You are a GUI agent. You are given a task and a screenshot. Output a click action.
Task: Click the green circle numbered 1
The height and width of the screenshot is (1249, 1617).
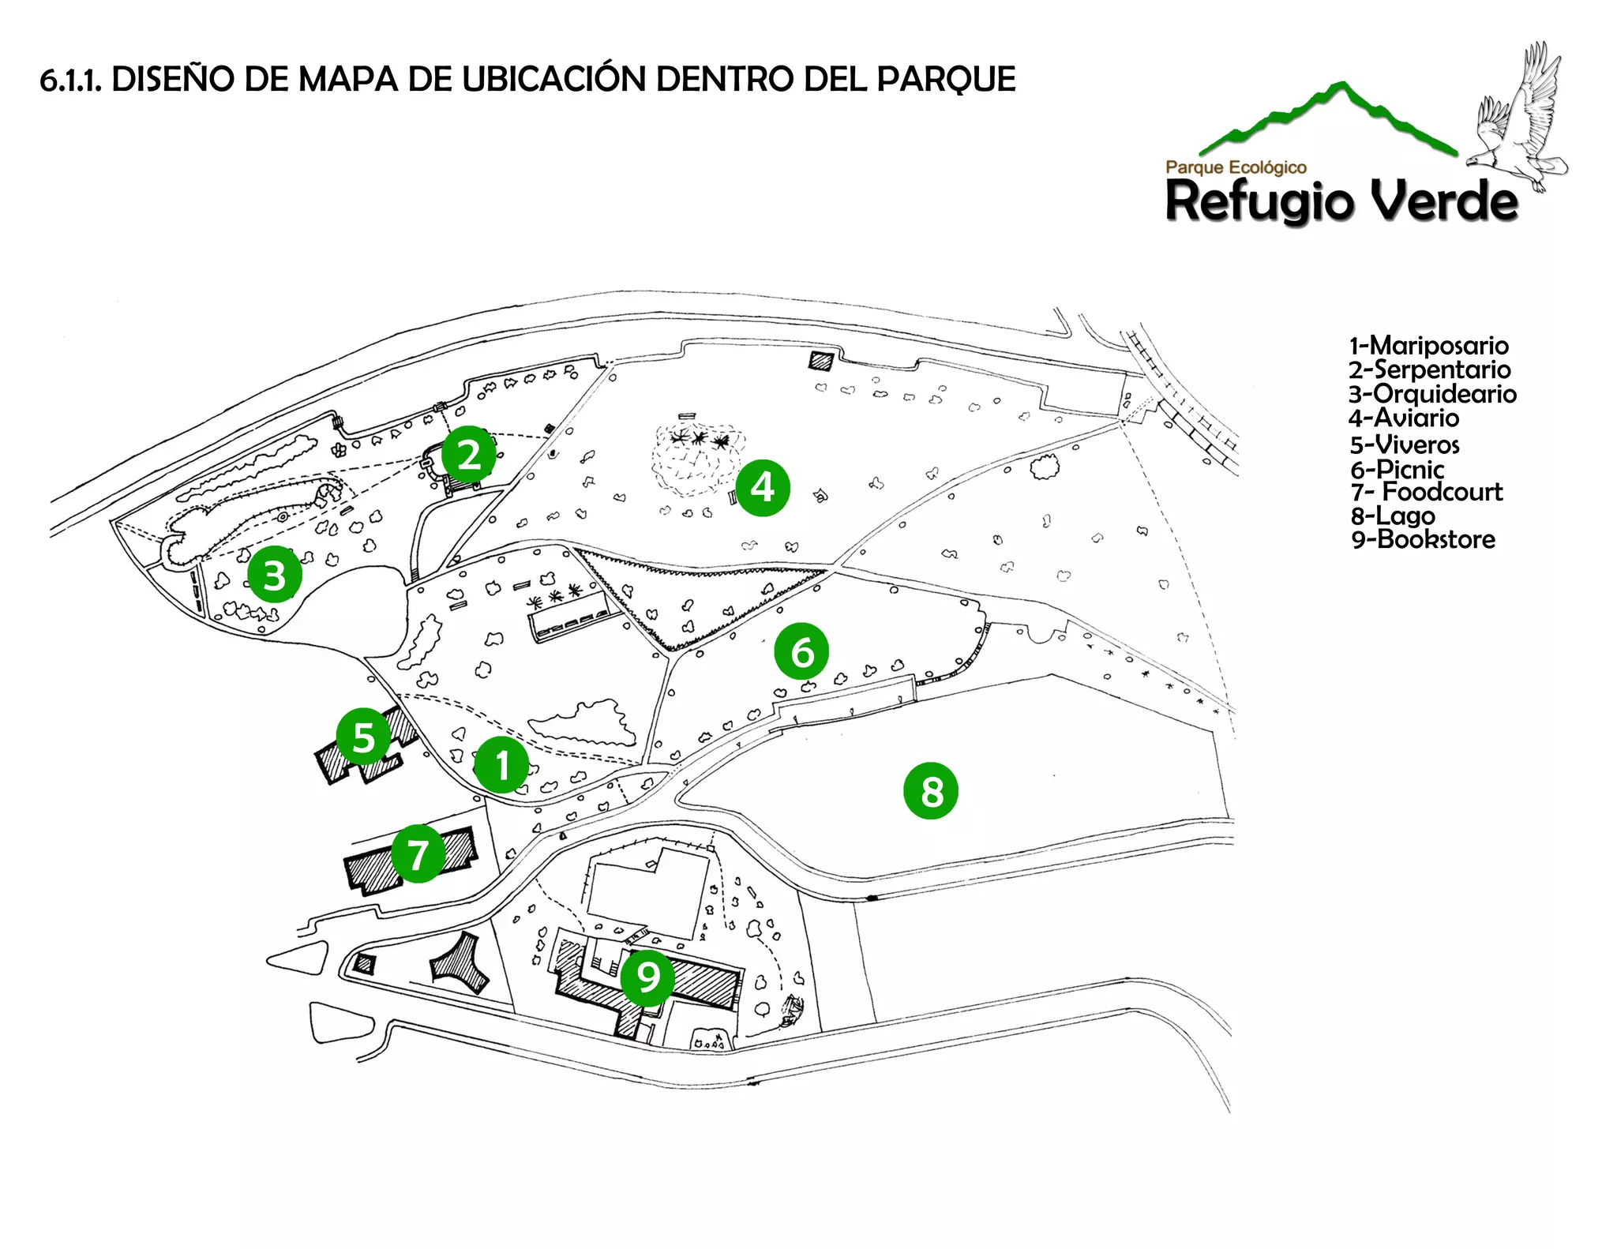tap(501, 765)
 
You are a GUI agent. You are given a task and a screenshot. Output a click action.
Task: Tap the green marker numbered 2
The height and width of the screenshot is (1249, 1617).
tap(469, 454)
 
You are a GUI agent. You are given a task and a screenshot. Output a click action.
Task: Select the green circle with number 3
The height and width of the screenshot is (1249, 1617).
tap(274, 575)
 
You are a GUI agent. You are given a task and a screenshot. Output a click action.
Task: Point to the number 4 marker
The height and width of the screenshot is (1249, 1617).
tap(762, 487)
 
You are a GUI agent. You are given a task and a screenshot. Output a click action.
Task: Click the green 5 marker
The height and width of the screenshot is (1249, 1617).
tap(363, 737)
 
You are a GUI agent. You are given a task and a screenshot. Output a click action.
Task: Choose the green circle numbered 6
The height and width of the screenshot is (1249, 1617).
tap(801, 651)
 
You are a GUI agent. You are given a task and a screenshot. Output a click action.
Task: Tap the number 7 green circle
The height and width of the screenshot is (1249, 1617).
tap(418, 853)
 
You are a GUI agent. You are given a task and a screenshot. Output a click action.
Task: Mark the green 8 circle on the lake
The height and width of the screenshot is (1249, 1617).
tap(931, 790)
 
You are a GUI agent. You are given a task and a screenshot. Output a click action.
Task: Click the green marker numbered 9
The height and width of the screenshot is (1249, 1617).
tap(647, 977)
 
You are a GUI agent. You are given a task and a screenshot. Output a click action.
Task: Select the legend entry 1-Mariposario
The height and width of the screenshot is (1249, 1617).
tap(1428, 346)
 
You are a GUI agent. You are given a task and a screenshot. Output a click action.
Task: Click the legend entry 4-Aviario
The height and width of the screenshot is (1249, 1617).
tap(1404, 418)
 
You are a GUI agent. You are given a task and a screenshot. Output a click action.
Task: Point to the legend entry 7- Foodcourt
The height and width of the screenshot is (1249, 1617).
tap(1426, 492)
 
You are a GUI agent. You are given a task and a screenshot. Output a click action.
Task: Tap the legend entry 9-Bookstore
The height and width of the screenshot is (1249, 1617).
tap(1423, 540)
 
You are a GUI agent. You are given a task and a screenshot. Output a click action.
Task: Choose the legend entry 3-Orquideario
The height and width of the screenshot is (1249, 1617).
tap(1432, 394)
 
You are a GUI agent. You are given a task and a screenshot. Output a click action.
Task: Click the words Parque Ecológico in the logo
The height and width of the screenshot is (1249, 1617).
tap(1236, 167)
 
